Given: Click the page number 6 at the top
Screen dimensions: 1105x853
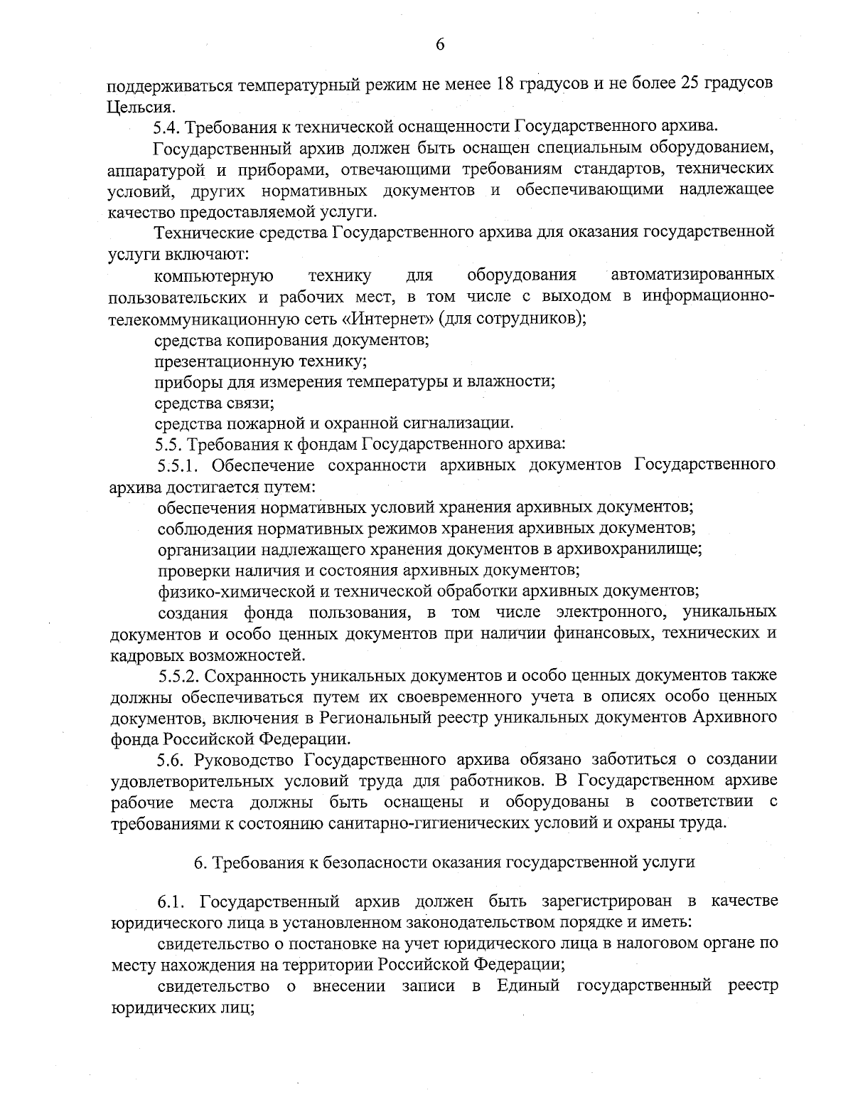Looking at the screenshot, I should point(439,44).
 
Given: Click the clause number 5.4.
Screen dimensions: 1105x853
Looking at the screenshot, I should point(168,128).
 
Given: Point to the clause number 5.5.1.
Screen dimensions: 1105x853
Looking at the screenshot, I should point(181,466).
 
